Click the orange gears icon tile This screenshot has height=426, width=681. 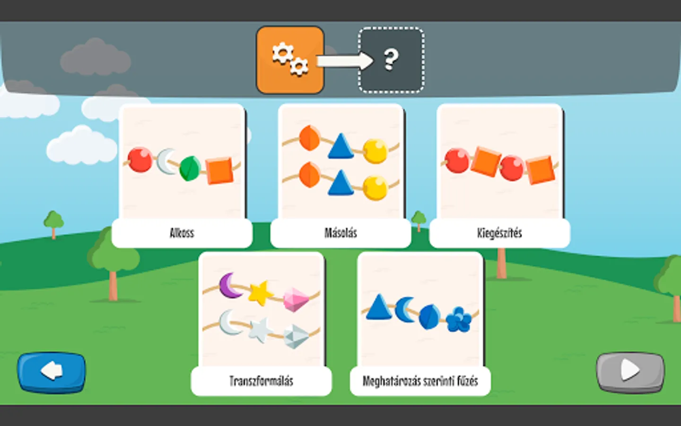coord(290,60)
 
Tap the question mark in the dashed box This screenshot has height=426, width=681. coord(391,60)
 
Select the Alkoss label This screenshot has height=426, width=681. coord(182,233)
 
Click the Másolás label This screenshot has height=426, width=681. coord(340,233)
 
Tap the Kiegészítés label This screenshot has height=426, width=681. coord(499,233)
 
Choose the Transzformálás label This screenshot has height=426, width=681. coord(261,381)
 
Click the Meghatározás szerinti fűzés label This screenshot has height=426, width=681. coord(420,381)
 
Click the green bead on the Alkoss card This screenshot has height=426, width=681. coord(190,168)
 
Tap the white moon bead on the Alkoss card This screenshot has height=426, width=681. coord(166,161)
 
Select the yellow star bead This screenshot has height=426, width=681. coord(260,293)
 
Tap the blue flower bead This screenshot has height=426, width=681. coord(458,319)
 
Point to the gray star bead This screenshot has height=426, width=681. coord(259,330)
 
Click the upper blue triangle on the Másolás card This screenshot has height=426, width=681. coord(340,146)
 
